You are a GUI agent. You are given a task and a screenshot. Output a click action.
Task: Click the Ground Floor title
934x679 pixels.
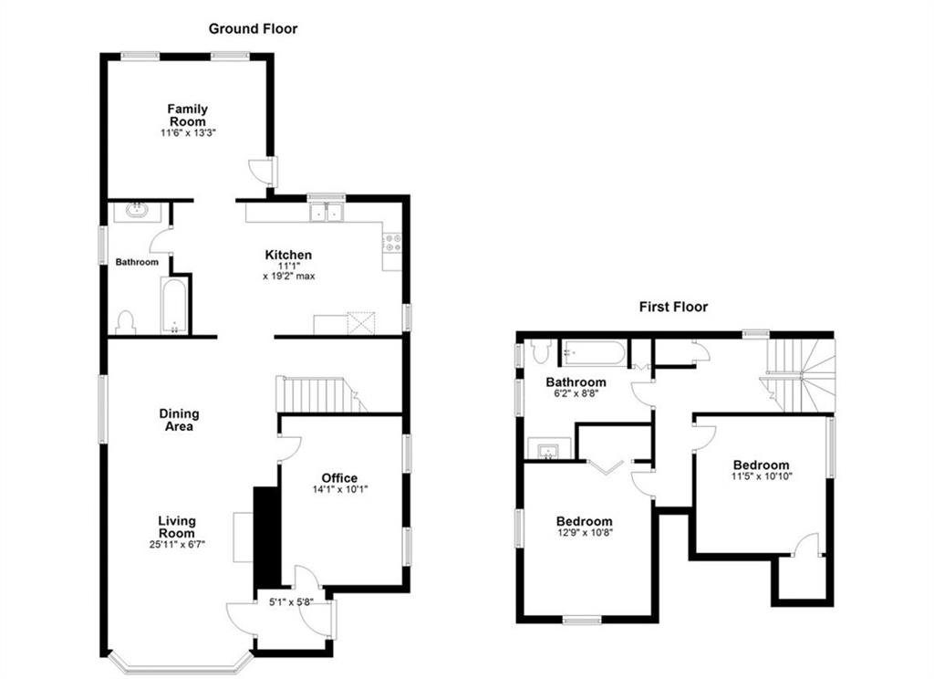tap(253, 28)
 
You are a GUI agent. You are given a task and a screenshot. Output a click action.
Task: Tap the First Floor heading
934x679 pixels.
tap(673, 307)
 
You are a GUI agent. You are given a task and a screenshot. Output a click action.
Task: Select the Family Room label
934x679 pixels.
tap(188, 115)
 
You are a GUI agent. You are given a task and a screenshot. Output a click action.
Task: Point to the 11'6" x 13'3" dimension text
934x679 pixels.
tap(188, 133)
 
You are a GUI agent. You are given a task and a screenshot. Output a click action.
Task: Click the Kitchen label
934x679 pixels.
tap(288, 256)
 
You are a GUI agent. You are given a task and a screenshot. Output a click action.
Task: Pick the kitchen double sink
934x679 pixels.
tap(327, 213)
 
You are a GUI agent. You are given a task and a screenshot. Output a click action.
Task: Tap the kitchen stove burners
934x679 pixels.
tap(392, 242)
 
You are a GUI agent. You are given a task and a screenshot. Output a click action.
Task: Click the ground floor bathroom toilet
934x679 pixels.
tap(126, 322)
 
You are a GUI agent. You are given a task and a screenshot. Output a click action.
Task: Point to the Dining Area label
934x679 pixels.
tap(179, 420)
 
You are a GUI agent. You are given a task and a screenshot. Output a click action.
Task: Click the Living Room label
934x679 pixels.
tap(177, 527)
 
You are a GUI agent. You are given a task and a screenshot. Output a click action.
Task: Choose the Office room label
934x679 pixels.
tap(339, 478)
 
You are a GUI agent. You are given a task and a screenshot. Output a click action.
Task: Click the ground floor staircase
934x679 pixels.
tap(320, 394)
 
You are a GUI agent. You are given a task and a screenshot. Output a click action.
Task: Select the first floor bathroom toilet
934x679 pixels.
tap(541, 351)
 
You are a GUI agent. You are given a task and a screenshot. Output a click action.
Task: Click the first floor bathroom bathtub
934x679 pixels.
tap(595, 352)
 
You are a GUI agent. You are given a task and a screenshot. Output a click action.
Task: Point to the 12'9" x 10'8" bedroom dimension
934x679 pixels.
tap(584, 533)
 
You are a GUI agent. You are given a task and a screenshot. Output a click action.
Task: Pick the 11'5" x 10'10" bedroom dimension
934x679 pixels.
tap(762, 476)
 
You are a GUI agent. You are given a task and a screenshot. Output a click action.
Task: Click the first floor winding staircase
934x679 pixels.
tap(800, 376)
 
